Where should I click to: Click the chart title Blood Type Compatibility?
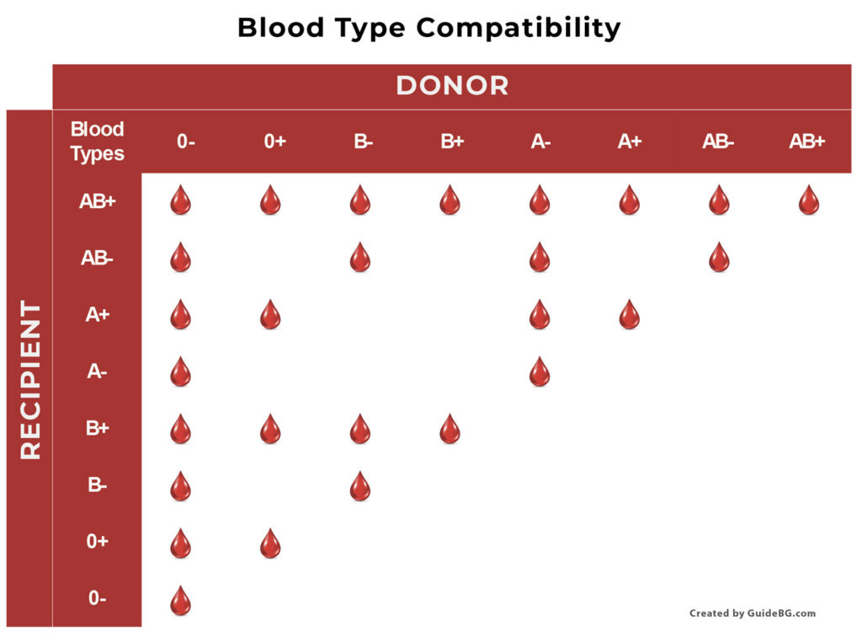click(428, 28)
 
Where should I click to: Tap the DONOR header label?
click(452, 86)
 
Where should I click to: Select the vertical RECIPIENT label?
click(30, 380)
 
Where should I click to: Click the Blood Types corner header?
click(98, 142)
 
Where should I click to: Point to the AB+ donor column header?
click(807, 142)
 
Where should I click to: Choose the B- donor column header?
click(363, 142)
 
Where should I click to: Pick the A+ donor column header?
click(630, 142)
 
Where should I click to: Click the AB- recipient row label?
click(97, 258)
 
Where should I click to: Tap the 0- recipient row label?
click(98, 598)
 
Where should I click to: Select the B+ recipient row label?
click(98, 427)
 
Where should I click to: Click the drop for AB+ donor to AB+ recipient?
click(809, 200)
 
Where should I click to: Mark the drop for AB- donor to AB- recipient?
click(719, 257)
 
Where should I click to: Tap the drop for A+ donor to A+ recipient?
click(630, 314)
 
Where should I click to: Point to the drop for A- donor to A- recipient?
click(540, 372)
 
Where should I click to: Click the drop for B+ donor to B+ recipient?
click(450, 429)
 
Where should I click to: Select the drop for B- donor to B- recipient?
click(360, 486)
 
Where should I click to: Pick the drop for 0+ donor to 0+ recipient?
click(270, 543)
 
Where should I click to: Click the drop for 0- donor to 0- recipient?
click(180, 600)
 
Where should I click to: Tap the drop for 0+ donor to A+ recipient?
click(270, 314)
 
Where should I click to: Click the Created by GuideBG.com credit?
click(753, 613)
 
